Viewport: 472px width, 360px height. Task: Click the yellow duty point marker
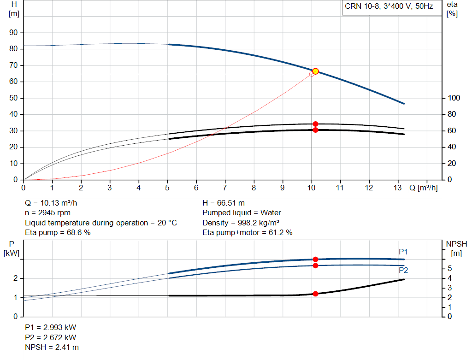coord(315,71)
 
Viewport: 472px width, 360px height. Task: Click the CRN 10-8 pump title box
coord(392,7)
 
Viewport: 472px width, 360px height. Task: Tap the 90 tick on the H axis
coord(13,33)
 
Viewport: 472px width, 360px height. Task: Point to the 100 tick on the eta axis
coord(454,98)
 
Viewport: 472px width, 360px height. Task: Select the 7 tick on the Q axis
coord(225,188)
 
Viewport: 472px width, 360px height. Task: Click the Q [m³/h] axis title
coord(423,188)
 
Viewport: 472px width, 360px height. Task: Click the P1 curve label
coord(403,252)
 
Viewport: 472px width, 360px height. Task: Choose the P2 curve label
coord(403,270)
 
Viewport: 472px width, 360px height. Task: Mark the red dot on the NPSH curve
coord(315,294)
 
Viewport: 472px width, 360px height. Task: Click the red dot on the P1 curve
coord(315,260)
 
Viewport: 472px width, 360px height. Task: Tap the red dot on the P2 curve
coord(315,266)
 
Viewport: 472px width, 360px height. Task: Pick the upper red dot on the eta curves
coord(315,124)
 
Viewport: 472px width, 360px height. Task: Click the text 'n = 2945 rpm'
coord(47,213)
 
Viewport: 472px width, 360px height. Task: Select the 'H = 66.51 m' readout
coord(224,203)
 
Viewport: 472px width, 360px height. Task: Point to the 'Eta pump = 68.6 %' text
coord(58,233)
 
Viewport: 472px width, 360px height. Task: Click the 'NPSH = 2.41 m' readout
coord(52,348)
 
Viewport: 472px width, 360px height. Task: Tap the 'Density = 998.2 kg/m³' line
coord(241,223)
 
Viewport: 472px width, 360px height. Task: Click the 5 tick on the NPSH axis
coord(449,268)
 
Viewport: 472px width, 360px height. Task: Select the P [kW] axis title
coord(12,248)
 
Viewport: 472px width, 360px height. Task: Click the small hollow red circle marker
coord(312,74)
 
